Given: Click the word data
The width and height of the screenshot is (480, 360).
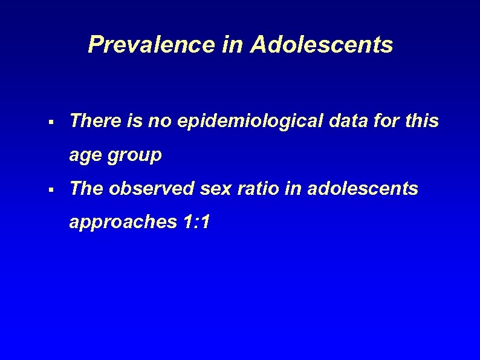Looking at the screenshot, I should click(x=345, y=121).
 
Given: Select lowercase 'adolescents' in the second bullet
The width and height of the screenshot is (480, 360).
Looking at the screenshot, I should click(x=362, y=189).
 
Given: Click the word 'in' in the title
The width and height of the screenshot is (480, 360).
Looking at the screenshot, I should click(x=231, y=45).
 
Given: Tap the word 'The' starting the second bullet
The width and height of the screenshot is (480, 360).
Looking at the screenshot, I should click(x=86, y=189).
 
